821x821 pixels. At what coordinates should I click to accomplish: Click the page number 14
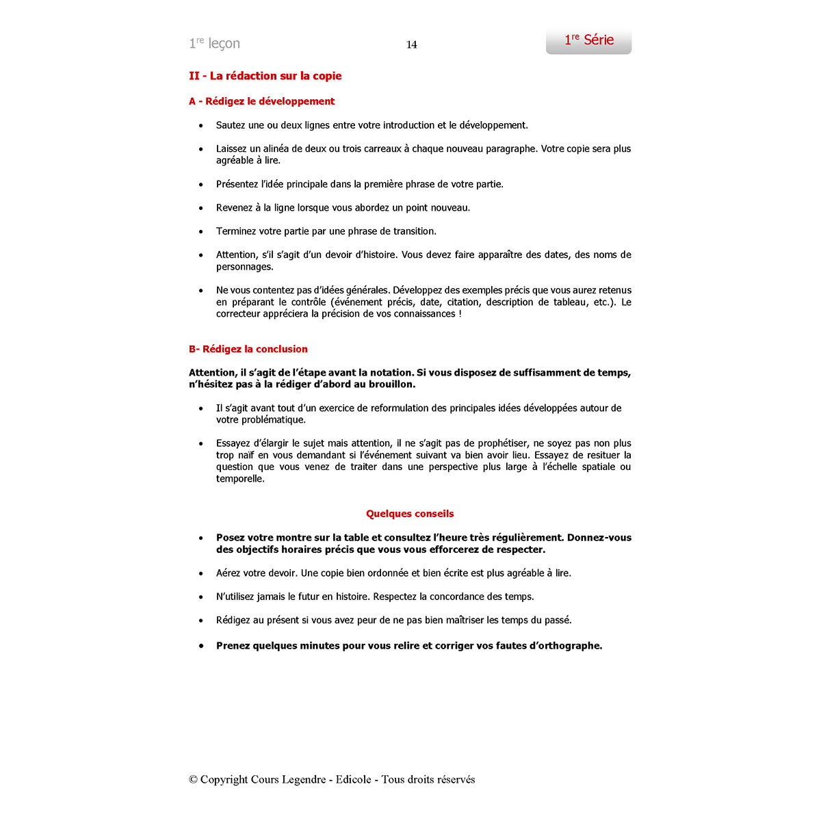pos(412,44)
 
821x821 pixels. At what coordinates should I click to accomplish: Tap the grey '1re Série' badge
pos(588,41)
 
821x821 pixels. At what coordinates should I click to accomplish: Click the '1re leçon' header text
pos(214,44)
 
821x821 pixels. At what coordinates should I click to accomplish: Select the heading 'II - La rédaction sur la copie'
pos(265,76)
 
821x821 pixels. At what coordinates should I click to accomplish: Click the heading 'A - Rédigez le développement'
pos(261,101)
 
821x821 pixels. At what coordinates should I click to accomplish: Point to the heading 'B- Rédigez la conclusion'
pos(248,349)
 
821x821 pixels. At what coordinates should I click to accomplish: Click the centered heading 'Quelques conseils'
pos(410,514)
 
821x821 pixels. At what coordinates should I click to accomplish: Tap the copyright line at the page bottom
pos(332,779)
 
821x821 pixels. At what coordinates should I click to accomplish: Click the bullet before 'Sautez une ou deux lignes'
pos(201,126)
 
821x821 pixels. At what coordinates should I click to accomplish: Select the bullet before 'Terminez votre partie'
pos(201,232)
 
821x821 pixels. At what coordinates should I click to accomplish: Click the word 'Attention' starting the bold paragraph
pos(211,373)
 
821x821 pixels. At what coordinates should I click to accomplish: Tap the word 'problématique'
pos(261,420)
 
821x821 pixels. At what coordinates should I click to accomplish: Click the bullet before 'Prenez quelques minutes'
pos(201,646)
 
